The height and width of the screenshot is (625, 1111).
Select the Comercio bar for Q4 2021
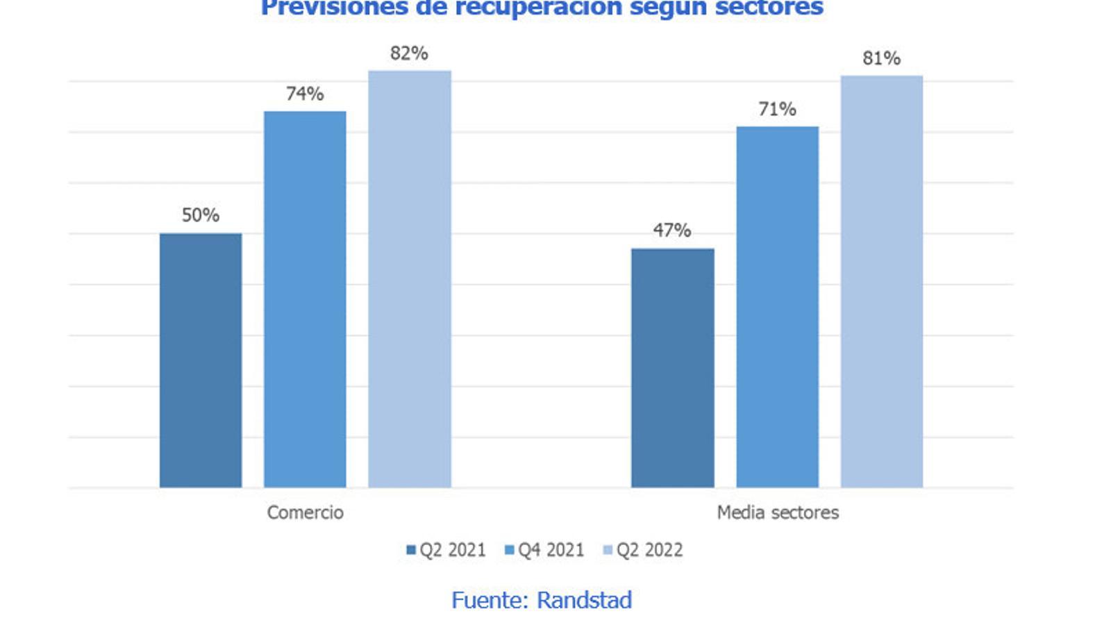point(305,299)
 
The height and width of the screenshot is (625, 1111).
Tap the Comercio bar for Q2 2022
point(409,278)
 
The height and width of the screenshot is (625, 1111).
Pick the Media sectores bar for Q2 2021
point(672,367)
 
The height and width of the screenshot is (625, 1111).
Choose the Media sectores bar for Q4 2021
point(777,306)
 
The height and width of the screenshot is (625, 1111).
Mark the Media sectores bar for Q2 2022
point(881,281)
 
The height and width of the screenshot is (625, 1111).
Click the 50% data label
point(201,215)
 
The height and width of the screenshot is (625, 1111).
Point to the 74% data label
point(305,94)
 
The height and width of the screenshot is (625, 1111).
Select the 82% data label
point(409,53)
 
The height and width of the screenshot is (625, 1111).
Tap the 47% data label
point(672,231)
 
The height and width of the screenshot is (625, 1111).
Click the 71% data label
point(777,109)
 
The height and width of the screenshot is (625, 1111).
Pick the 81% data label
point(881,58)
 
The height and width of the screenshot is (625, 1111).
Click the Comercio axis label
point(306,512)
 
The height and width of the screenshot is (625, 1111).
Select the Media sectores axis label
point(778,512)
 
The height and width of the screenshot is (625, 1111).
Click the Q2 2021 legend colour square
point(411,550)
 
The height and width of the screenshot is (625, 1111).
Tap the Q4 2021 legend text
point(551,550)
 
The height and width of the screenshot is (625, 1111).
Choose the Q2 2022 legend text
point(650,550)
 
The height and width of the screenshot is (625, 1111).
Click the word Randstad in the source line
point(585,600)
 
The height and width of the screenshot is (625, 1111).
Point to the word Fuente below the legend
point(490,600)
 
